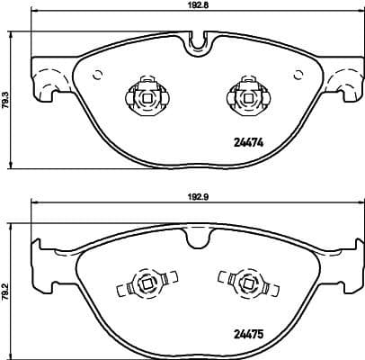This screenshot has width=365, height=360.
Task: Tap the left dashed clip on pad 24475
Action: (x=138, y=288)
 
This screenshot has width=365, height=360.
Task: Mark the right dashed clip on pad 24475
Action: (x=240, y=288)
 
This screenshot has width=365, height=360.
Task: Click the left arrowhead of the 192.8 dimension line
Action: (x=35, y=13)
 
